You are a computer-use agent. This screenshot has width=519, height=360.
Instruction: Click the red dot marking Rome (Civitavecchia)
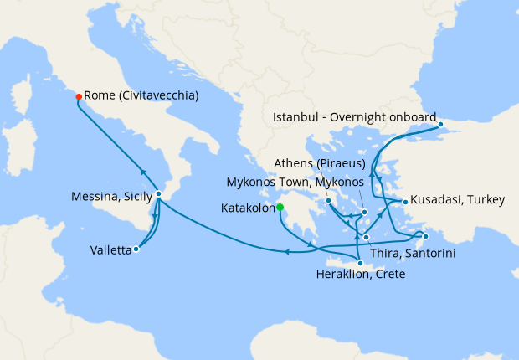tap(78, 96)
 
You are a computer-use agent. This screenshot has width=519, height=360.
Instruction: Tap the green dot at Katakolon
tap(280, 208)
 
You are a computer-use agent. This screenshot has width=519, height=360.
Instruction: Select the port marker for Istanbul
tap(443, 128)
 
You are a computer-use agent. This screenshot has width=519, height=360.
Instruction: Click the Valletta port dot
tap(136, 249)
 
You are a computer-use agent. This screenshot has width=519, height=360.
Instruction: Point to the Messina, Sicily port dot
tap(158, 194)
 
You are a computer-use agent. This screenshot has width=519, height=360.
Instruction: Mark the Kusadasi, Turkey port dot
tap(404, 202)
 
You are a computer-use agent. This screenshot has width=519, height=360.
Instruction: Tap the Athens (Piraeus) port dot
tap(329, 201)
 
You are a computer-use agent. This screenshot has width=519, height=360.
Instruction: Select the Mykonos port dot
tap(365, 213)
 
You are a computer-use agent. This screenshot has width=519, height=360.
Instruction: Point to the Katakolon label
tap(248, 208)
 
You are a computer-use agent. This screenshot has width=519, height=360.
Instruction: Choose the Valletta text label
tap(111, 249)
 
